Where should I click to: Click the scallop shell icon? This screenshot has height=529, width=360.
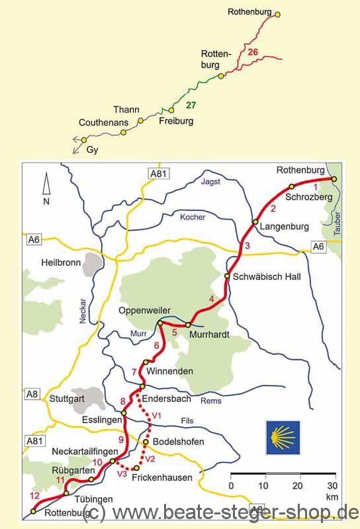283,438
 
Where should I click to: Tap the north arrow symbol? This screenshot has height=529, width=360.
46,186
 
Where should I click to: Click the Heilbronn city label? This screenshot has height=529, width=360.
61,262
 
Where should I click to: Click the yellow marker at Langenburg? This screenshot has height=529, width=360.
255,222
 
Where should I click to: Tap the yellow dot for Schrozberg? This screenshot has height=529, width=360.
291,186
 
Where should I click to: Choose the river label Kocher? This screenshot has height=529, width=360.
193,217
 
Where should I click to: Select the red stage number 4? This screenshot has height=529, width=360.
211,300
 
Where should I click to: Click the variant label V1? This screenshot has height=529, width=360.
157,415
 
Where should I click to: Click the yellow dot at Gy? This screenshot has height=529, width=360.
84,140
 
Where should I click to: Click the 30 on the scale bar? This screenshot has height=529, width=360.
332,486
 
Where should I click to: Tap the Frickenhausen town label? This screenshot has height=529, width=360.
162,477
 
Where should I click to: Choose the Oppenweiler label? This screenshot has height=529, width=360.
145,310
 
